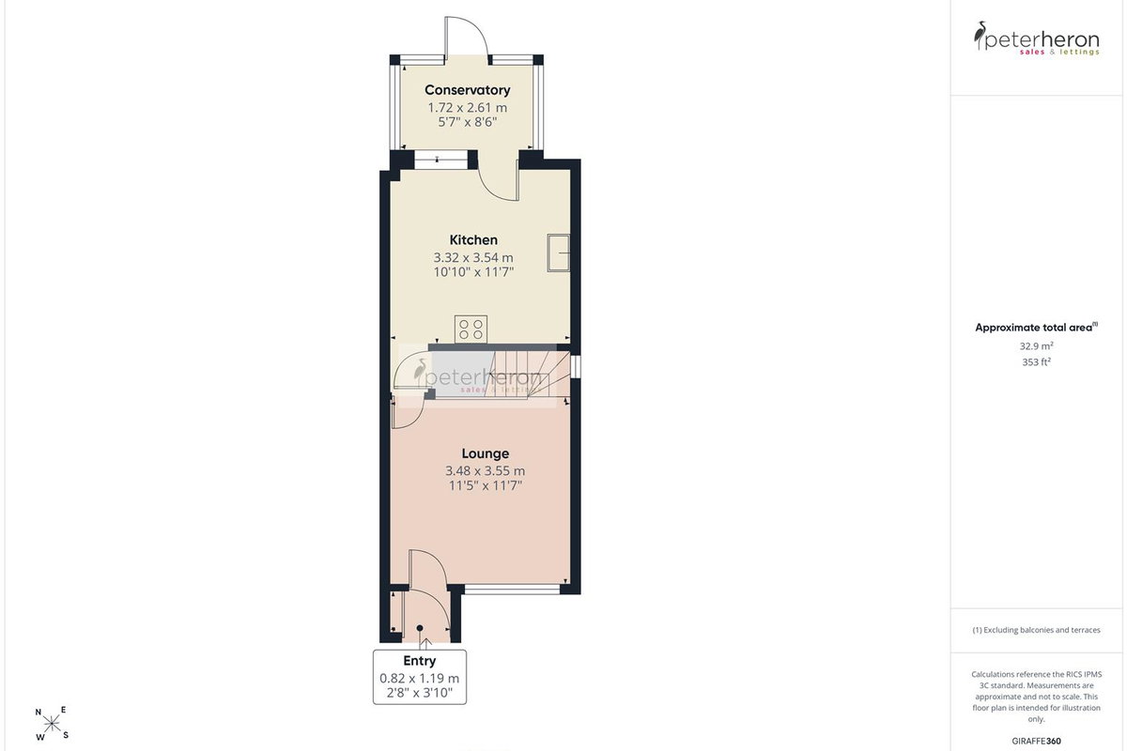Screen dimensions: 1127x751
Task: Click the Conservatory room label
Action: click(468, 90)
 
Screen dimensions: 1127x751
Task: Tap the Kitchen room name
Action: click(473, 240)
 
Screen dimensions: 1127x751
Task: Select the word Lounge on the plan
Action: click(485, 453)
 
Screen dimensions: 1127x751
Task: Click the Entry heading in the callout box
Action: click(420, 661)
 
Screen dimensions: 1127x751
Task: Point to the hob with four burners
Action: click(471, 330)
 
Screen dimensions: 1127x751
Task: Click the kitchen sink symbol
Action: click(559, 253)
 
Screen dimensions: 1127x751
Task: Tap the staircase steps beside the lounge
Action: click(526, 374)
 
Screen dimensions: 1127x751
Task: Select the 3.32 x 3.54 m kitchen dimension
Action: click(473, 257)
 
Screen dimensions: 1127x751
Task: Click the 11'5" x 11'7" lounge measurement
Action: click(485, 485)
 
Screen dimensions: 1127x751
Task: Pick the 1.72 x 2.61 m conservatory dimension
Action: click(468, 108)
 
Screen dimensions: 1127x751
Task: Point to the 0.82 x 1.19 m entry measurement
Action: click(420, 678)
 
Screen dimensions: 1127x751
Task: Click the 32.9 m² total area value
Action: click(1037, 346)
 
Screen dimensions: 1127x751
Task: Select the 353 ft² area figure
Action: click(1037, 361)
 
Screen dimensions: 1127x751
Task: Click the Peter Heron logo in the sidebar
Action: click(1037, 38)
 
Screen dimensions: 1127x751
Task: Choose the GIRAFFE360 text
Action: click(1037, 741)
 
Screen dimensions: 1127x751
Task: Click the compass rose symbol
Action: click(52, 724)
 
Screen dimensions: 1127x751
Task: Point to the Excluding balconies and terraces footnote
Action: click(1037, 630)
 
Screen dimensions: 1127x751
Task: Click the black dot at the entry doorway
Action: click(420, 628)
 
